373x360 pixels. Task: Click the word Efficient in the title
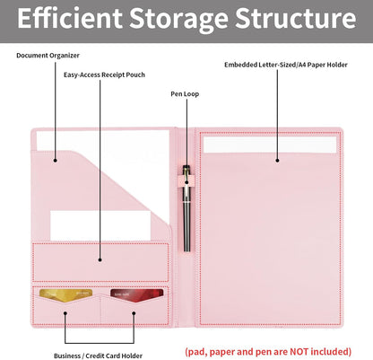(70, 18)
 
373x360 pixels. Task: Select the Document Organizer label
(48, 56)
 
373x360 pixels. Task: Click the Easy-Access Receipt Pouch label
(104, 75)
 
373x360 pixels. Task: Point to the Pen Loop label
(185, 94)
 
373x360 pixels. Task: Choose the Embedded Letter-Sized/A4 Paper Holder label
(286, 65)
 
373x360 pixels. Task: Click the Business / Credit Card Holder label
(98, 356)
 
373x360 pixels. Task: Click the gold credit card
(66, 295)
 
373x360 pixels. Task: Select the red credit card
(137, 295)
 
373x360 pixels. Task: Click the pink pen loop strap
(186, 181)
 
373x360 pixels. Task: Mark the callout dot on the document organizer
(56, 161)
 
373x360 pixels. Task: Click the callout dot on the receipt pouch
(100, 259)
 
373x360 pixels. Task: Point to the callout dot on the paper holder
(277, 161)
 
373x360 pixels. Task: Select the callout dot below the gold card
(65, 313)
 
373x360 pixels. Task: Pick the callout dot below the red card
(134, 313)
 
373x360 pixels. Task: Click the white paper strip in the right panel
(270, 145)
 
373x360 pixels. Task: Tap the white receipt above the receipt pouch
(100, 225)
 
